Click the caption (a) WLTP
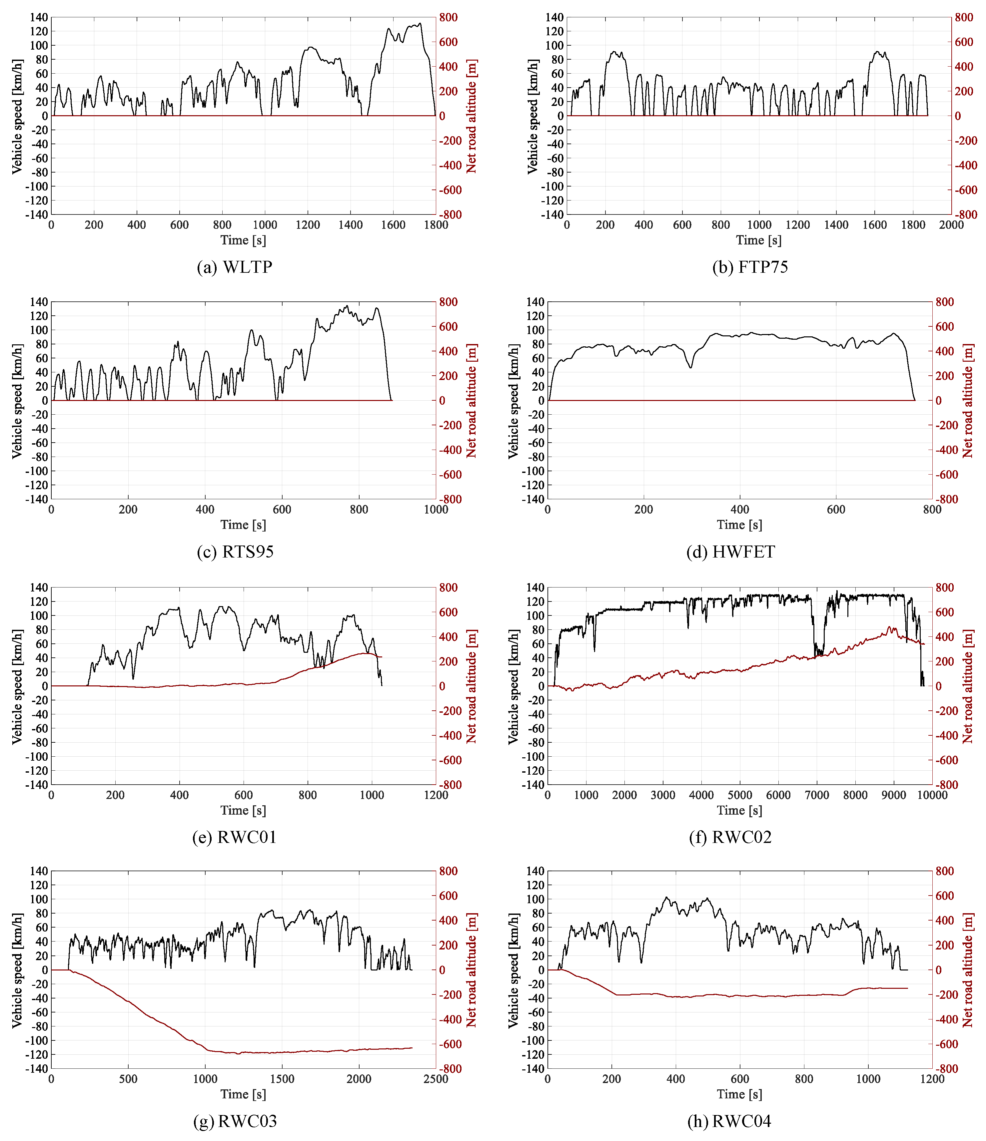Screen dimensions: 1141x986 (235, 267)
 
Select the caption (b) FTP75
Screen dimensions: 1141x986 (750, 267)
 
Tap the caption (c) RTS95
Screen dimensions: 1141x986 (235, 552)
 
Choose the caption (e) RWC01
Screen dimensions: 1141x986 (234, 837)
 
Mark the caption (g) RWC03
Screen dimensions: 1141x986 (235, 1121)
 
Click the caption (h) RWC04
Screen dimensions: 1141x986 (730, 1121)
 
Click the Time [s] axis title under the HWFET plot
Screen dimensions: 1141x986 (739, 525)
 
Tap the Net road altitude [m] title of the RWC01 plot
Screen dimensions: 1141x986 (472, 686)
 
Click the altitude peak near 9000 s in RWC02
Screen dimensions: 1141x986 (889, 627)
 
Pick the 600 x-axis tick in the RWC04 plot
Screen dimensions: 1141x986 (740, 1079)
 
